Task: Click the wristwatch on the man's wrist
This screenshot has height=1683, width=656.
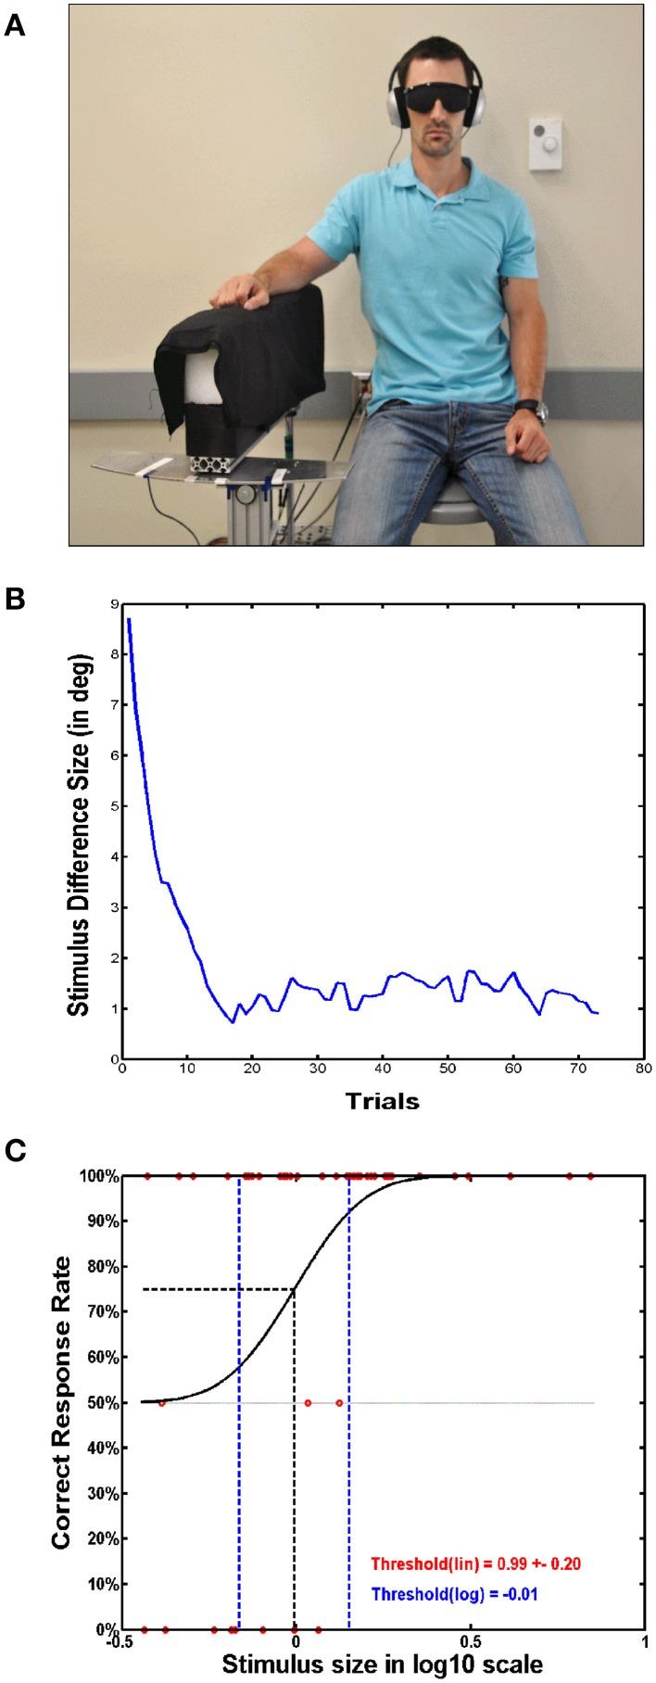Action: pyautogui.click(x=527, y=408)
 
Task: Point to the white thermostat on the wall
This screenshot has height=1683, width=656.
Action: pyautogui.click(x=547, y=143)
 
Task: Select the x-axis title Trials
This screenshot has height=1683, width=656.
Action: pyautogui.click(x=382, y=1102)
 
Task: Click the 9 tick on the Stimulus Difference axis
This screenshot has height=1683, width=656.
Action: pyautogui.click(x=113, y=604)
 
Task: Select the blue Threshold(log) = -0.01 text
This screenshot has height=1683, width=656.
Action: pyautogui.click(x=455, y=1595)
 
